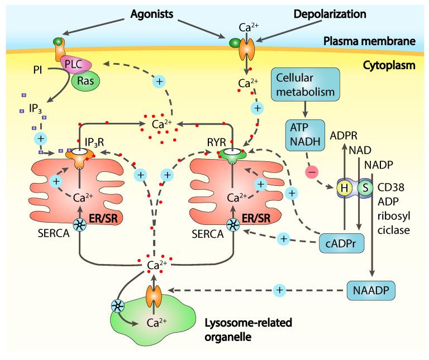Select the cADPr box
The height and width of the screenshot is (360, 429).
coord(339,243)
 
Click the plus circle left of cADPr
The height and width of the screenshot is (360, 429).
coord(284,238)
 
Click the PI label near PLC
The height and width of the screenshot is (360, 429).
coord(40,72)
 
